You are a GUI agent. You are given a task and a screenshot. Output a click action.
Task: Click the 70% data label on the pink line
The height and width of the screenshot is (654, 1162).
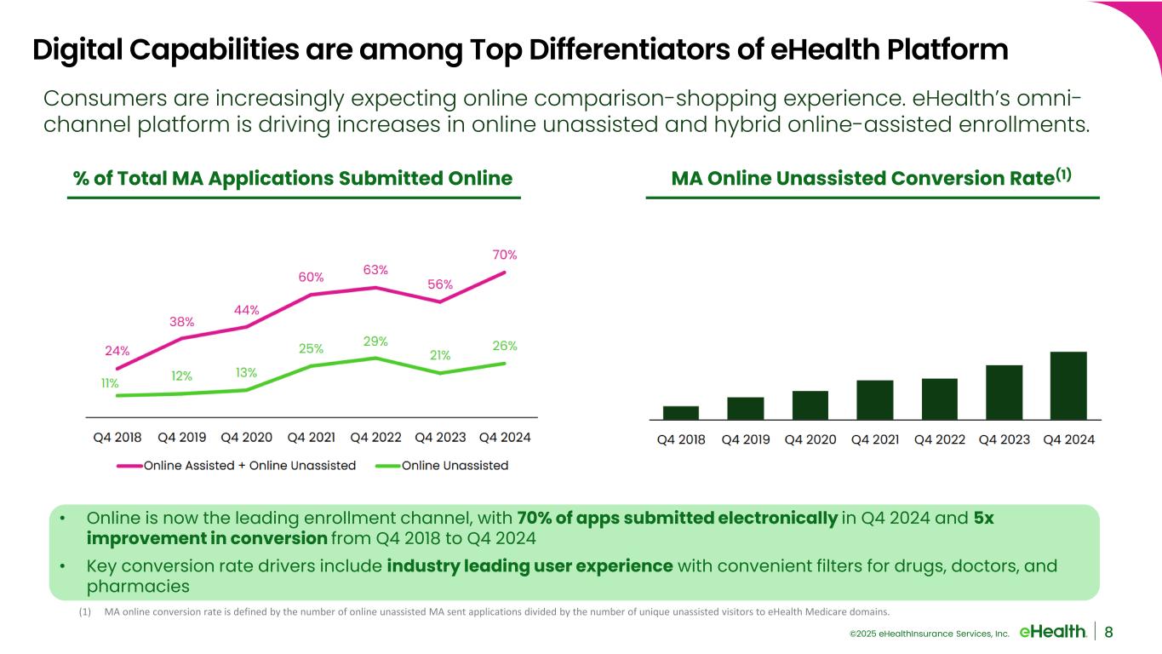click(505, 255)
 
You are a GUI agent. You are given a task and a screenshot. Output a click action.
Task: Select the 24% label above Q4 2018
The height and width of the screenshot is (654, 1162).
click(117, 350)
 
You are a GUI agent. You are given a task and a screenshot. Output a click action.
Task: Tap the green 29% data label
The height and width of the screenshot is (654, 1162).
click(375, 341)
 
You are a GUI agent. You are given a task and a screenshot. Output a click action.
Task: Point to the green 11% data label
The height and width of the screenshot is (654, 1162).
click(110, 383)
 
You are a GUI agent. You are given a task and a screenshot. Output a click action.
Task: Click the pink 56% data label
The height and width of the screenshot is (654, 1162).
click(440, 284)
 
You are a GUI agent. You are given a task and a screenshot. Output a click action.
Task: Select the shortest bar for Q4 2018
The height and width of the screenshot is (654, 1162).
click(680, 412)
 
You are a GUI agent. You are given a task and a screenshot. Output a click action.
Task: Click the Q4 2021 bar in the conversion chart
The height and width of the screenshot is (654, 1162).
click(874, 399)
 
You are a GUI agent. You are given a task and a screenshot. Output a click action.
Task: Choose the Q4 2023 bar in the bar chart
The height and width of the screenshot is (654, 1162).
click(1004, 392)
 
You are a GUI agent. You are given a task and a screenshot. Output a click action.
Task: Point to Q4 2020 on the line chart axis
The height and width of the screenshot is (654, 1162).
click(246, 438)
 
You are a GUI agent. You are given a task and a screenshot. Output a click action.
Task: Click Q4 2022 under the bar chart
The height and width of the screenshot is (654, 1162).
click(939, 439)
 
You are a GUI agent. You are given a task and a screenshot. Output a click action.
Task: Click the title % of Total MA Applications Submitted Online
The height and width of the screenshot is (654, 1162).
click(293, 178)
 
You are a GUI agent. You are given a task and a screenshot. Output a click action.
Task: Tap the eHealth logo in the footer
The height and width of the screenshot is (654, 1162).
click(1052, 631)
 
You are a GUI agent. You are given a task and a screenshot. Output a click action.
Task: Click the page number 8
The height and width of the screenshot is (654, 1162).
click(1108, 631)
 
